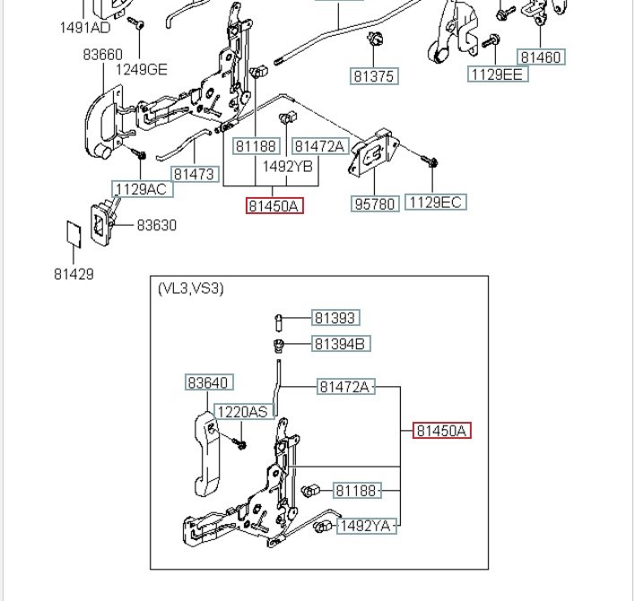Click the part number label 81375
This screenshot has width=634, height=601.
pyautogui.click(x=374, y=76)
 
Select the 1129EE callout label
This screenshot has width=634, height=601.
pyautogui.click(x=498, y=74)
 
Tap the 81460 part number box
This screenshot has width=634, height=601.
pyautogui.click(x=541, y=57)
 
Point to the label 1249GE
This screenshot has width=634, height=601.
pyautogui.click(x=142, y=70)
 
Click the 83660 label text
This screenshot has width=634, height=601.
pyautogui.click(x=103, y=55)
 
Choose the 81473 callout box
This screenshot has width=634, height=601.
pyautogui.click(x=195, y=174)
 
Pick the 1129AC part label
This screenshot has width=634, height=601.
pyautogui.click(x=142, y=189)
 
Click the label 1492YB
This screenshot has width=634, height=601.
pyautogui.click(x=288, y=167)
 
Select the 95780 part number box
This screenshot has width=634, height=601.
pyautogui.click(x=375, y=204)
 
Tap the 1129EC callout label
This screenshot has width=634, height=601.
pyautogui.click(x=436, y=202)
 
